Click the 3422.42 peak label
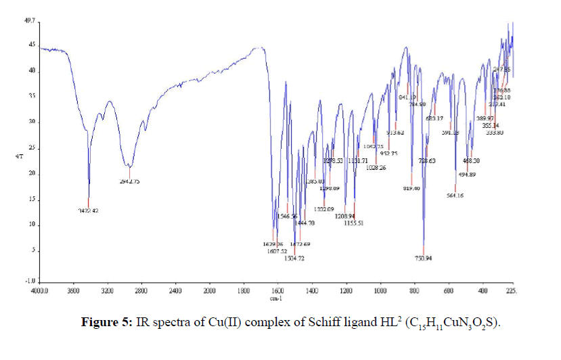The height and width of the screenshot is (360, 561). tap(88, 210)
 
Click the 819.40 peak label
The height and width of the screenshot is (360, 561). tap(412, 187)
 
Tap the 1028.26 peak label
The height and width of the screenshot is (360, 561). tap(376, 168)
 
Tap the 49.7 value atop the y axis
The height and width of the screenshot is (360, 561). tap(30, 21)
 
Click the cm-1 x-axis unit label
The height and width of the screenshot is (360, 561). tap(275, 298)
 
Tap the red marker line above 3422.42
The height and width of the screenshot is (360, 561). tap(88, 202)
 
